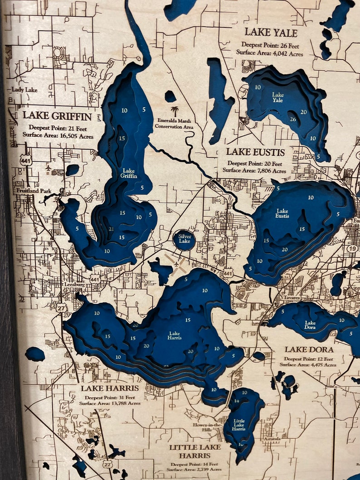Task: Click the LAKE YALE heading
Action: (271, 33)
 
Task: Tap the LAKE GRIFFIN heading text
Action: (57, 116)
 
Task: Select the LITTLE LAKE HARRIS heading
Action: (195, 451)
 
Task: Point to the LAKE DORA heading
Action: (309, 349)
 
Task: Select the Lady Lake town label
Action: (25, 90)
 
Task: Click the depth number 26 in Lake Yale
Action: (293, 120)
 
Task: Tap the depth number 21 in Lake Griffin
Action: (111, 229)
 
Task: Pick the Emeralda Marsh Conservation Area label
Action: (175, 123)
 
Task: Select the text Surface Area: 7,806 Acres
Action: (254, 171)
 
